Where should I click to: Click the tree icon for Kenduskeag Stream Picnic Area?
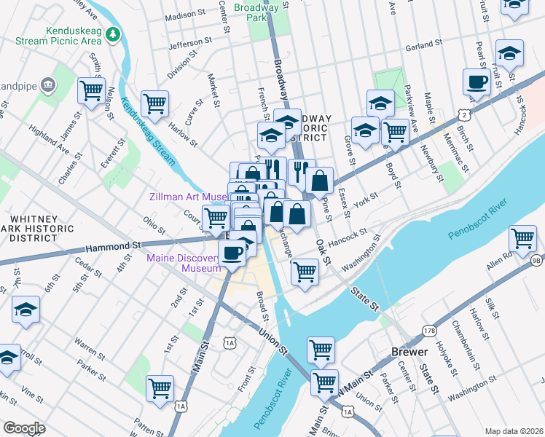pos(112,34)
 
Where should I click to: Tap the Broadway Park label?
pos(257,12)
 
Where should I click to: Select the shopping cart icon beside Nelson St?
pos(91,91)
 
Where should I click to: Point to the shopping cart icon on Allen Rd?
pos(523,237)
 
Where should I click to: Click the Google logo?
pos(24,428)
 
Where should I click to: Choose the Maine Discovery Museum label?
pos(183,263)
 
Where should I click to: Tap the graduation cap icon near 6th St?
pos(26,309)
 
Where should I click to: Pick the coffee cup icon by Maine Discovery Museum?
pos(232,253)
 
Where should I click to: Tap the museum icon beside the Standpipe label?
pos(49,84)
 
